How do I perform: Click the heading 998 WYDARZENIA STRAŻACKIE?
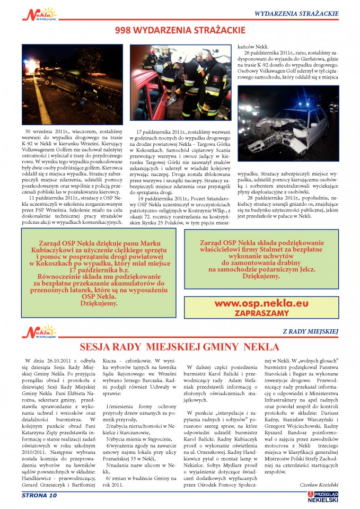click(x=180, y=31)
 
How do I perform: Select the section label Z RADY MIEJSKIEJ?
click(x=310, y=332)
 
